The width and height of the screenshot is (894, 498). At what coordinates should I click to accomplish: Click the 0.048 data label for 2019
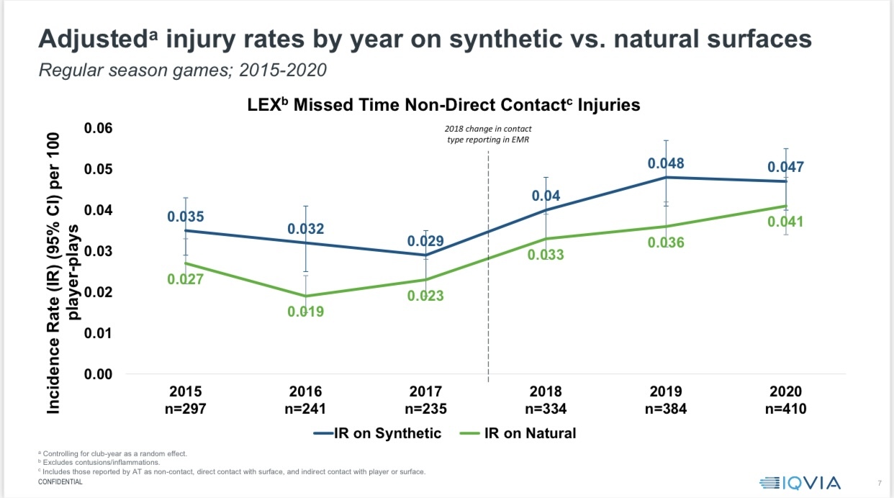tap(666, 163)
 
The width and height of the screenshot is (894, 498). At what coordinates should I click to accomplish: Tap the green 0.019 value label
tap(306, 312)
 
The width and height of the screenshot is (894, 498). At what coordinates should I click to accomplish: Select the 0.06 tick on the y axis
tap(99, 128)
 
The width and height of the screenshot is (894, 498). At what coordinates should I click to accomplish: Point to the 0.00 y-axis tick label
tap(99, 374)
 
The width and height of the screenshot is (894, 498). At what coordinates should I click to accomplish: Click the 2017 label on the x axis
tap(425, 392)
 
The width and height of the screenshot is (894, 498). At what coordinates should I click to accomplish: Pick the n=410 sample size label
tap(785, 409)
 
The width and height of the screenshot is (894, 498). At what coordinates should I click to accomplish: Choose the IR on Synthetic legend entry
tap(377, 433)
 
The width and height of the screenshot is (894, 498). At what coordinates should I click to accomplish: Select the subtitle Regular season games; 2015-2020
tap(183, 71)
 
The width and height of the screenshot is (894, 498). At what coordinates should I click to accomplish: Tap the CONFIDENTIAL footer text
tap(60, 482)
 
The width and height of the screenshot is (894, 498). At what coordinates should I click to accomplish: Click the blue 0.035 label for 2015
tap(186, 216)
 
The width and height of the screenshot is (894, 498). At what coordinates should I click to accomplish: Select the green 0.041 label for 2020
tap(785, 222)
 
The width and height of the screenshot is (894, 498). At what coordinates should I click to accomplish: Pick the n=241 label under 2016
tap(306, 409)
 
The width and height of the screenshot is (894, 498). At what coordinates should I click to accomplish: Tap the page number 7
tap(880, 482)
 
